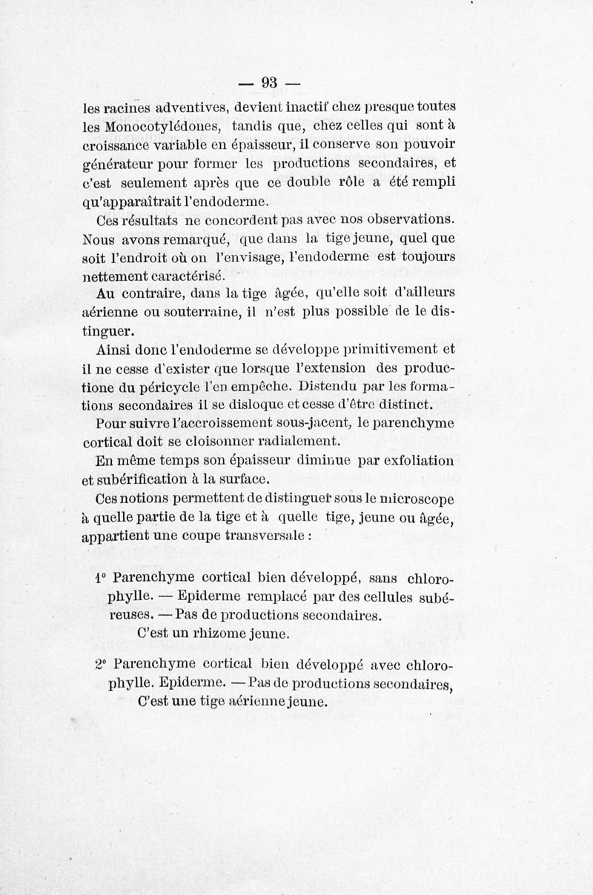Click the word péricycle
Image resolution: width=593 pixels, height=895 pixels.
(x=171, y=387)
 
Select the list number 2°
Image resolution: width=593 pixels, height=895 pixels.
(x=101, y=663)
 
